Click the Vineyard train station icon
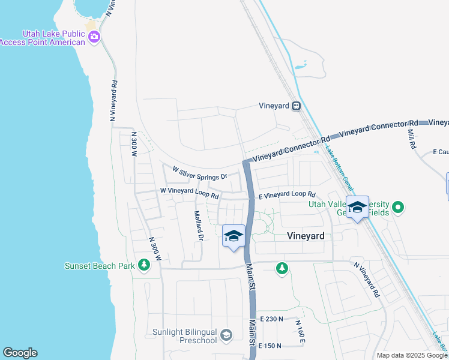tap(296, 106)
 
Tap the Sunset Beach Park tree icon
tap(143, 265)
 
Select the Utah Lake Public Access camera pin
tap(94, 38)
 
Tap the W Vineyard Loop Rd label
tap(188, 192)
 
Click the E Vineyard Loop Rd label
tap(286, 195)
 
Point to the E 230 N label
tap(271, 320)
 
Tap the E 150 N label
tap(270, 346)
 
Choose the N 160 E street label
tap(301, 331)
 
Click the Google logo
tap(20, 353)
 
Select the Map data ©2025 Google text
tap(412, 355)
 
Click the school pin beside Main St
tap(234, 236)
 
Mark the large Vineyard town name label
tap(305, 236)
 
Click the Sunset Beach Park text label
tap(101, 265)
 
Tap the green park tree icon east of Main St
tap(282, 268)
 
